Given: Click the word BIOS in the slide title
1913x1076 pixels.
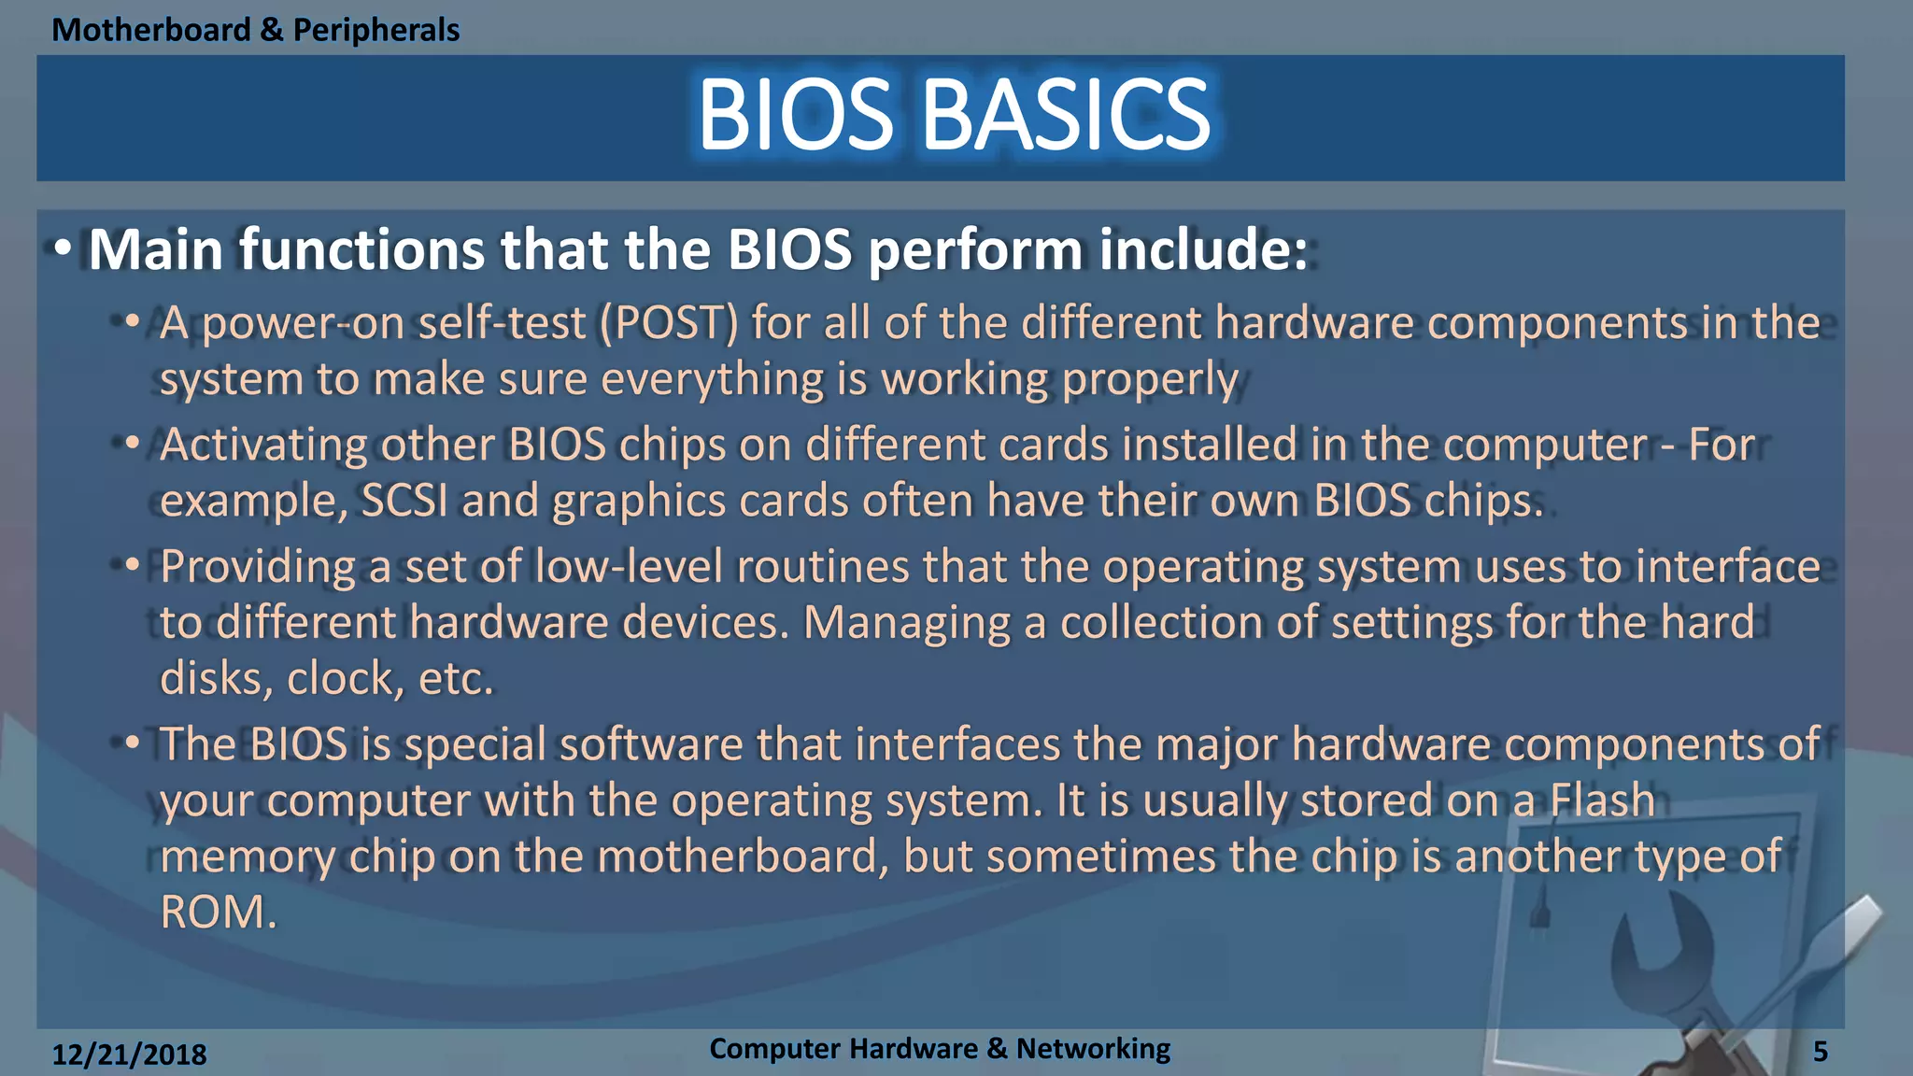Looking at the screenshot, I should point(795,115).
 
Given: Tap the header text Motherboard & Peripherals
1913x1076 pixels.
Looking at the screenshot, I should point(255,30).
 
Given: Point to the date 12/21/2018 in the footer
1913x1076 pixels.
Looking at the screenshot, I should point(129,1055).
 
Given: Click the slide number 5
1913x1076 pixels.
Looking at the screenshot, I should point(1820,1052).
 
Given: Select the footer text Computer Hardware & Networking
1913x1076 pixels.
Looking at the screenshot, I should point(939,1048).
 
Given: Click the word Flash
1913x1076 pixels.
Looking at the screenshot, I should point(1602,800).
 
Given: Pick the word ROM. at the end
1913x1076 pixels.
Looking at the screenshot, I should point(218,913).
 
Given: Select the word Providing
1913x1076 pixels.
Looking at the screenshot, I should point(257,568).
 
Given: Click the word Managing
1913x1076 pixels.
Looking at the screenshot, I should point(906,624).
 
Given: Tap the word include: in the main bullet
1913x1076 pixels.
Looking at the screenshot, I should point(1203,250).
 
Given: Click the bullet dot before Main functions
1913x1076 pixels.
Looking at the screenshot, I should point(62,249).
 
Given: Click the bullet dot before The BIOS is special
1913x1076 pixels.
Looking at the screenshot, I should point(132,744).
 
